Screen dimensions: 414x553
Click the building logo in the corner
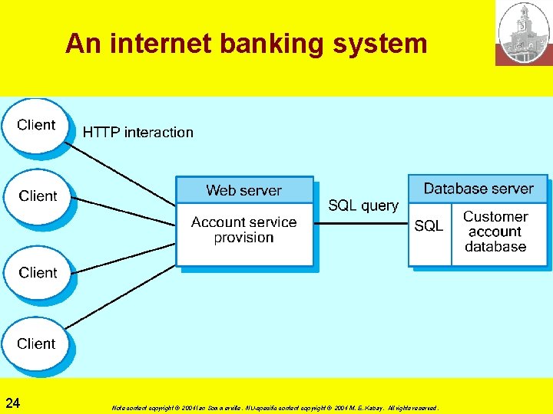click(524, 33)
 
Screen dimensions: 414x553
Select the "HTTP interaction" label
click(138, 133)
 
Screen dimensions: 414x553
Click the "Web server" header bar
click(244, 190)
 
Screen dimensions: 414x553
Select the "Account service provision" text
click(243, 230)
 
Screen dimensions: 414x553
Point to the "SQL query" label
click(363, 205)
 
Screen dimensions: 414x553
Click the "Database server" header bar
click(478, 189)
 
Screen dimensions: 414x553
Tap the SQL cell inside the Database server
click(429, 226)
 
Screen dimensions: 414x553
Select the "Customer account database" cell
click(495, 232)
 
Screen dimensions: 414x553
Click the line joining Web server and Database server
click(361, 224)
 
